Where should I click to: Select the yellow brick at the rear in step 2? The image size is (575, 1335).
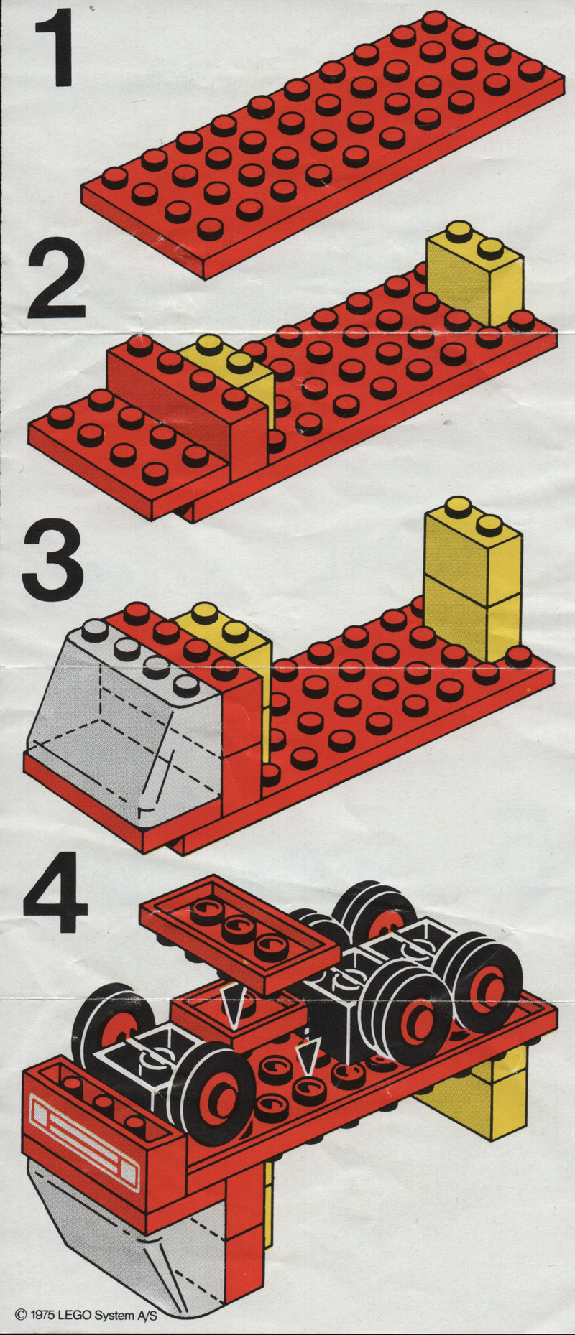point(474,274)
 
